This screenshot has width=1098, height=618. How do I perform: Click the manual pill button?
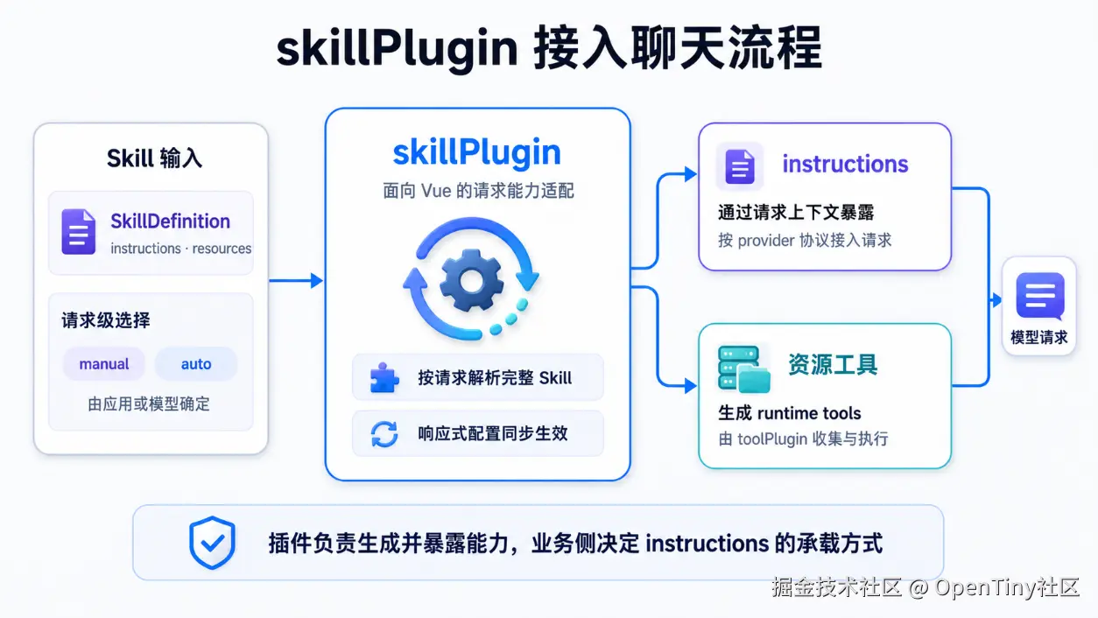[104, 363]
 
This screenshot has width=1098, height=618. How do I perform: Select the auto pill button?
[196, 363]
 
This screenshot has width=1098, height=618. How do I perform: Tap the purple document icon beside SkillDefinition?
[79, 232]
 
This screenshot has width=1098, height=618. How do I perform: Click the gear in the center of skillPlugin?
[471, 281]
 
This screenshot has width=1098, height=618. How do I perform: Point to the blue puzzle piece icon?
[384, 378]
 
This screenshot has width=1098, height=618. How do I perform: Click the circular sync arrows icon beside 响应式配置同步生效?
[384, 433]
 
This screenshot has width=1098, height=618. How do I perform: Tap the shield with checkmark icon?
[212, 542]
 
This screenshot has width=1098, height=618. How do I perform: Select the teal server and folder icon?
[743, 369]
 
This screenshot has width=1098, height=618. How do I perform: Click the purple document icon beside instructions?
[740, 166]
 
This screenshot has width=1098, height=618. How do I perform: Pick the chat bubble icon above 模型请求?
[1040, 296]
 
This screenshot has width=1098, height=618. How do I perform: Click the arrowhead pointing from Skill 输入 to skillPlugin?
[317, 281]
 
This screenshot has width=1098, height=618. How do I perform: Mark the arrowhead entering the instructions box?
[691, 174]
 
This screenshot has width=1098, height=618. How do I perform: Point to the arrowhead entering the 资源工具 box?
[691, 386]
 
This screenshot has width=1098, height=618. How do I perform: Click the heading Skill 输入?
[154, 158]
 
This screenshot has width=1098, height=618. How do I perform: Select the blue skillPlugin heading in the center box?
[477, 152]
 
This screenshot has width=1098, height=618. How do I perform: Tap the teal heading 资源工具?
[833, 365]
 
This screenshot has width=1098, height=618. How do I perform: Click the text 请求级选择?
[106, 320]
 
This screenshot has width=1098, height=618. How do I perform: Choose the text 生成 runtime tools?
[790, 413]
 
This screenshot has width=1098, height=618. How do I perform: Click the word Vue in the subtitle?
[436, 191]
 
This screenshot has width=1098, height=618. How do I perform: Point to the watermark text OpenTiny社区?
[1007, 587]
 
